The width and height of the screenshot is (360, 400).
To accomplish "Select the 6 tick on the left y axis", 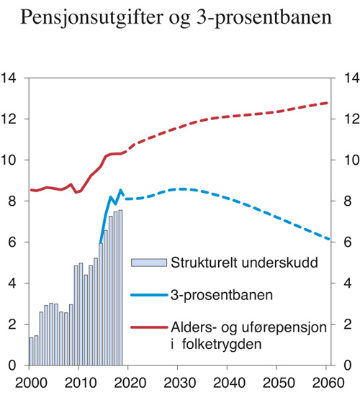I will (x=13, y=243).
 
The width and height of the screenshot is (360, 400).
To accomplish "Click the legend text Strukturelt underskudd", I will (x=231, y=262).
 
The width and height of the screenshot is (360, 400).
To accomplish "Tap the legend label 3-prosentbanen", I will (x=210, y=294).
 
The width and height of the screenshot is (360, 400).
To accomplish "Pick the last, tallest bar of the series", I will (x=121, y=288).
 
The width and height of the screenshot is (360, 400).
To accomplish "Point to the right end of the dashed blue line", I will (x=329, y=240).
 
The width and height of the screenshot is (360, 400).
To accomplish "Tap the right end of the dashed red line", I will (x=328, y=103).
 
